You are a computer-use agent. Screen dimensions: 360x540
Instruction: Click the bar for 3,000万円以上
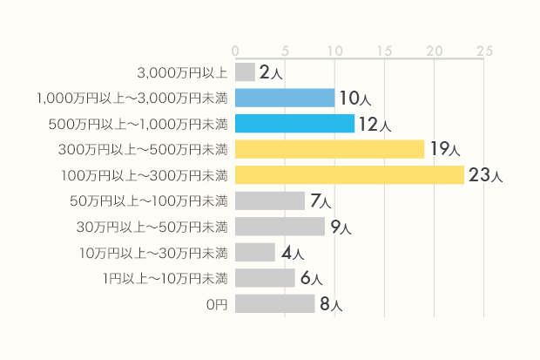245,71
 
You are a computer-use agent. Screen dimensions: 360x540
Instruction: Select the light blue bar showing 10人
285,98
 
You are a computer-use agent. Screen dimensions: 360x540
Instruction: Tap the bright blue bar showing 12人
294,124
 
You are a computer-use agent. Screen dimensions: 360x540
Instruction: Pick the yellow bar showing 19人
329,149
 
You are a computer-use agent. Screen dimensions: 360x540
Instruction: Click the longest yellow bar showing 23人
349,175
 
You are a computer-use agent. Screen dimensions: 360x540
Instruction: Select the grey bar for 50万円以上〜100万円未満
270,200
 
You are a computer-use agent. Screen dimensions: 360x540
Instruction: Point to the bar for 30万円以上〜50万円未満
280,227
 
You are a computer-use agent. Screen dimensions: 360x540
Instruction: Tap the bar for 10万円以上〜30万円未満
255,253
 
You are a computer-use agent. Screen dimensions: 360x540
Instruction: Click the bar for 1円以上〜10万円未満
265,278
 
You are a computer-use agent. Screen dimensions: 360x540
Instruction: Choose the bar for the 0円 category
274,304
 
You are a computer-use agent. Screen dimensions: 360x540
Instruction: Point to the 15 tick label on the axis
384,50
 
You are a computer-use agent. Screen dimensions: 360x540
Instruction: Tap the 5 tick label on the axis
285,50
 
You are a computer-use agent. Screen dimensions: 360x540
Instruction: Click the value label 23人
485,176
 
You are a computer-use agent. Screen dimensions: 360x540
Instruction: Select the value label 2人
270,72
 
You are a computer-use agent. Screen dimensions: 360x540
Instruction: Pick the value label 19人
444,150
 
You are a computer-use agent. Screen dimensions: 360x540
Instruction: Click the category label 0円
217,305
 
